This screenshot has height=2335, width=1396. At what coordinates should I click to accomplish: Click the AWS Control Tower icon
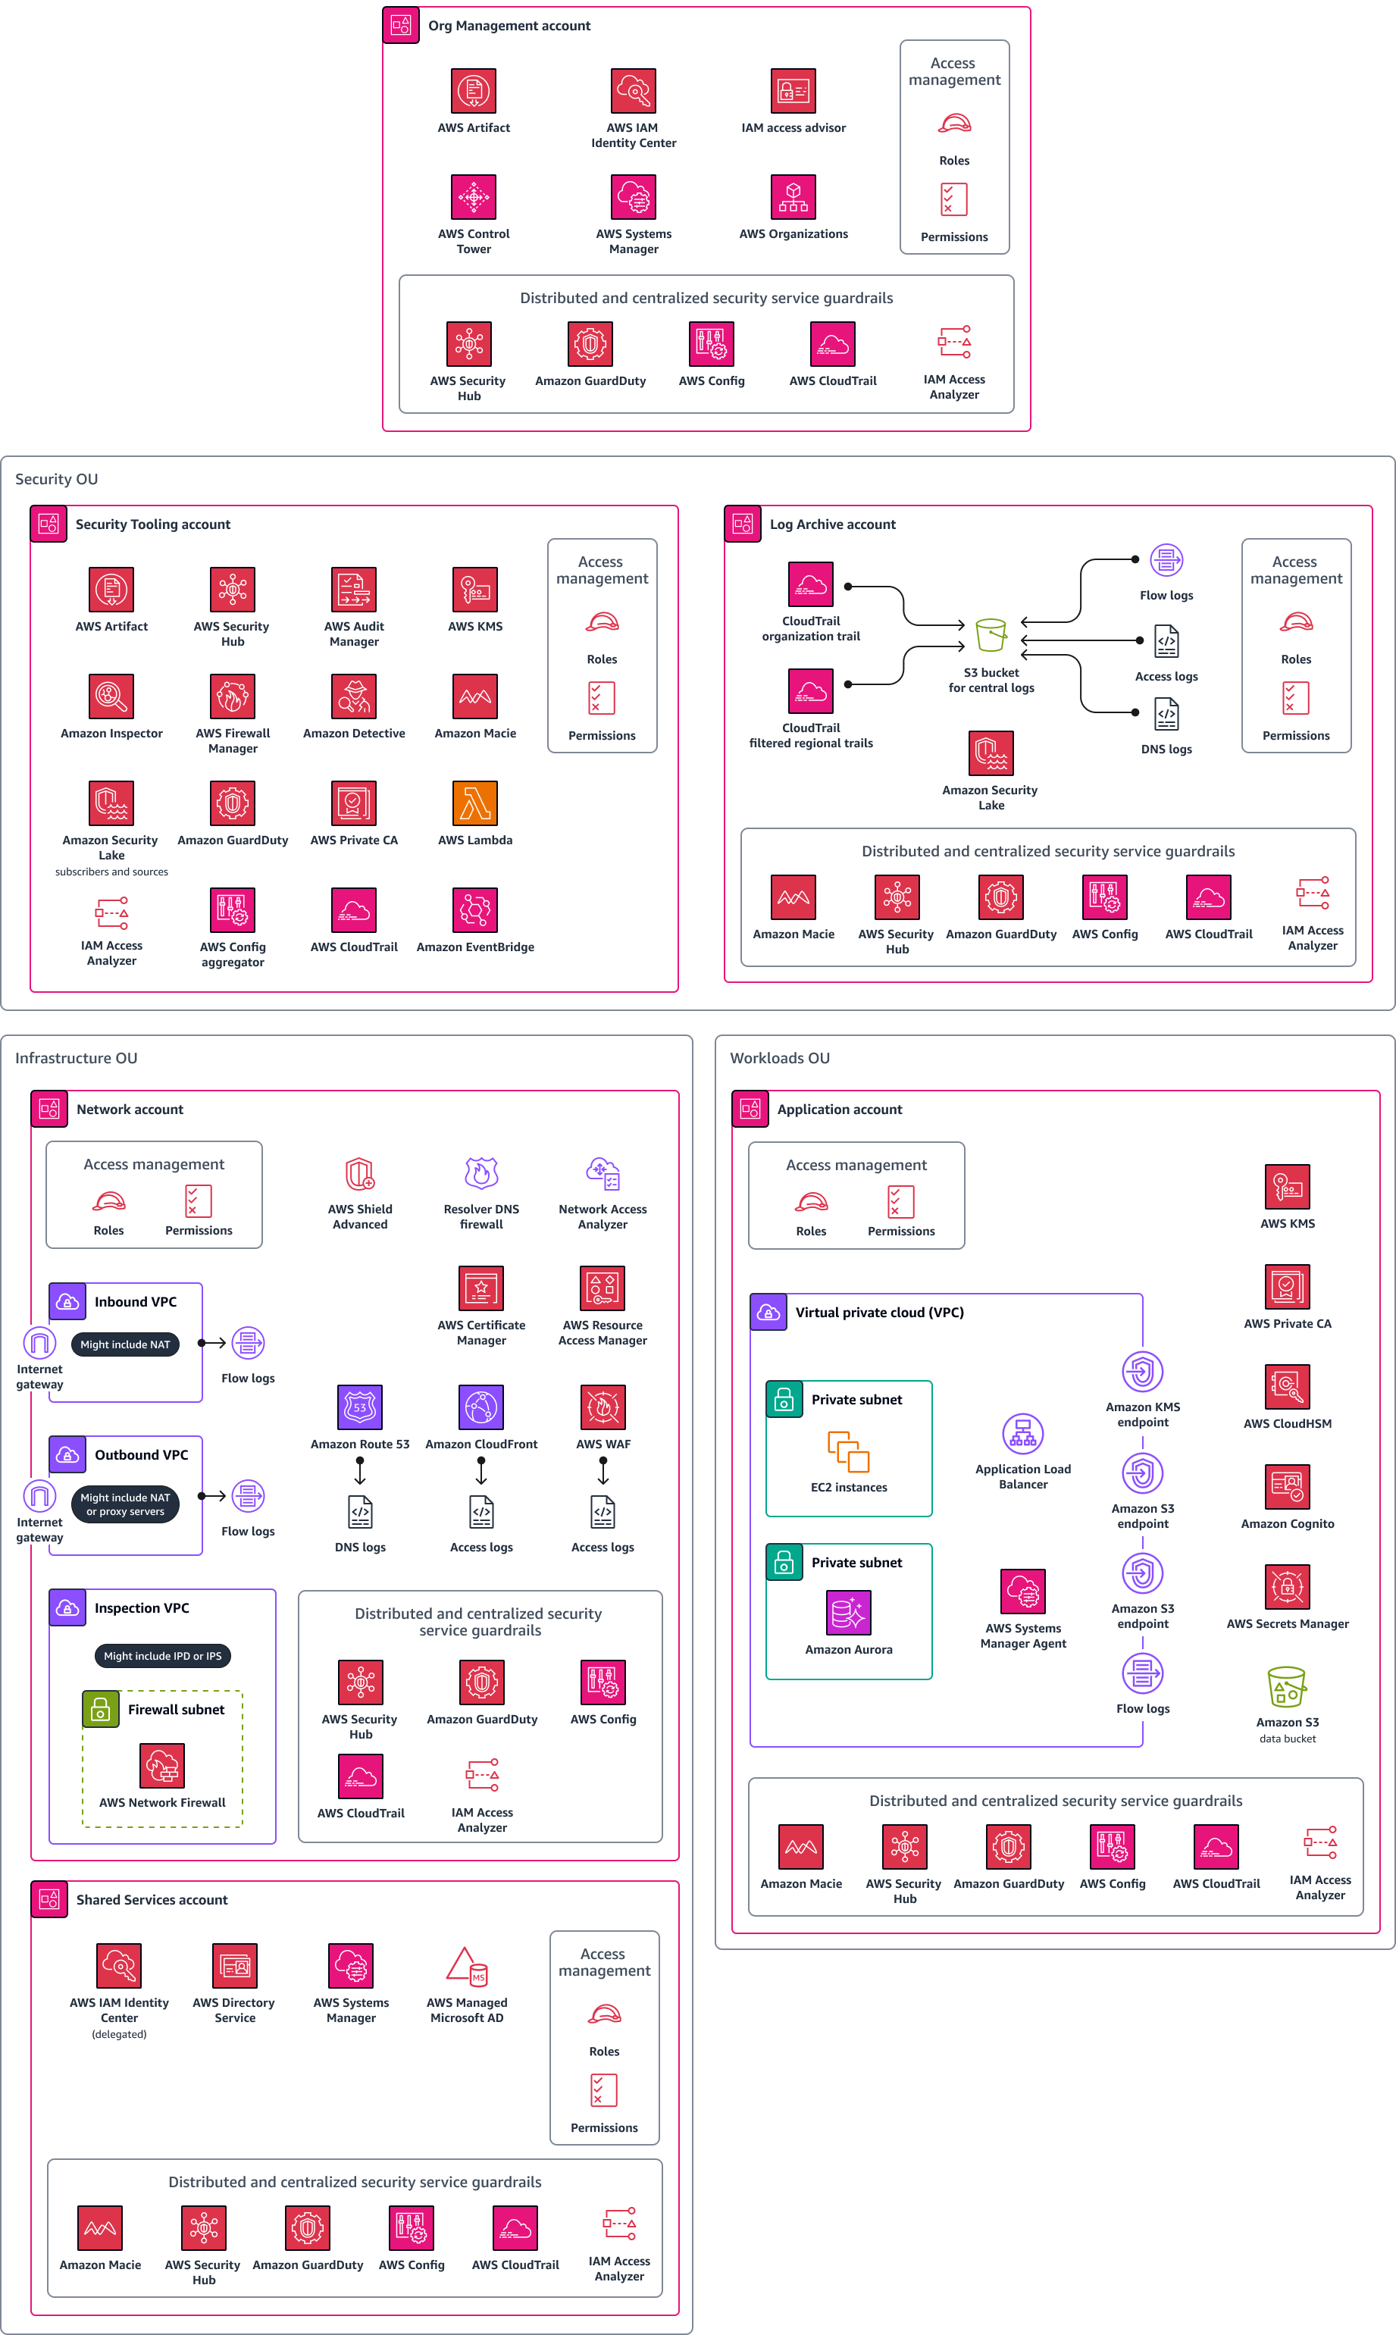click(473, 198)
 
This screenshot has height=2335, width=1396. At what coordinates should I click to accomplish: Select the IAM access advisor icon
click(793, 91)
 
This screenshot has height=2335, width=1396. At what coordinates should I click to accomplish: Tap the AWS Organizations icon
click(793, 198)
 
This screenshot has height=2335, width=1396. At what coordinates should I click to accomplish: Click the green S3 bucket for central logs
click(991, 636)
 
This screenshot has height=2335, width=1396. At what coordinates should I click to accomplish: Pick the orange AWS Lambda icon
click(475, 803)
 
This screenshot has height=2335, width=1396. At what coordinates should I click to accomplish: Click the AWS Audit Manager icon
click(354, 590)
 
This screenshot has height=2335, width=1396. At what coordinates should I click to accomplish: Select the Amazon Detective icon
click(354, 696)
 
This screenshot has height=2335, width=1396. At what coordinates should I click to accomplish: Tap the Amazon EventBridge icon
click(475, 910)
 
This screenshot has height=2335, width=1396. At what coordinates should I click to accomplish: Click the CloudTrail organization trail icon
click(811, 585)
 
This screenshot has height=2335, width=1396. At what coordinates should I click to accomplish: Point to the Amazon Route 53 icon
click(360, 1407)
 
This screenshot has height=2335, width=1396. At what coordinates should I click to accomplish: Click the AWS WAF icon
click(603, 1407)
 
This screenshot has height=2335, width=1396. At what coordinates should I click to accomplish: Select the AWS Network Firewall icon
click(161, 1766)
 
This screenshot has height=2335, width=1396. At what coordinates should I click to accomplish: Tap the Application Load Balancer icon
click(1022, 1434)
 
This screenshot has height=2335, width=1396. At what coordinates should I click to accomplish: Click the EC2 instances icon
click(849, 1452)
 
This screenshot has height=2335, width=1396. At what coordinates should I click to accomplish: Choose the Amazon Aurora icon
click(849, 1613)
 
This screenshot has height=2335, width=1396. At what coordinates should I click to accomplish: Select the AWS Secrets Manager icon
click(1287, 1588)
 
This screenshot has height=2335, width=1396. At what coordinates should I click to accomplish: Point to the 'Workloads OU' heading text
click(780, 1058)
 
